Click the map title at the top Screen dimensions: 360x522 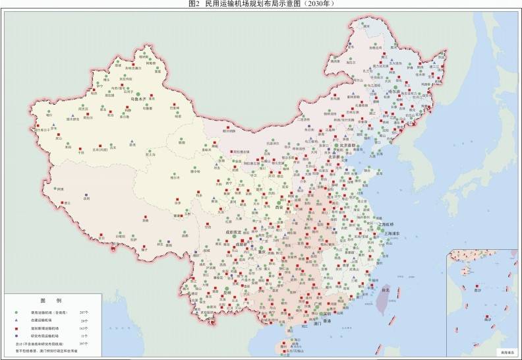point(261,4)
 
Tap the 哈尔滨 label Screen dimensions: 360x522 point(394,91)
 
